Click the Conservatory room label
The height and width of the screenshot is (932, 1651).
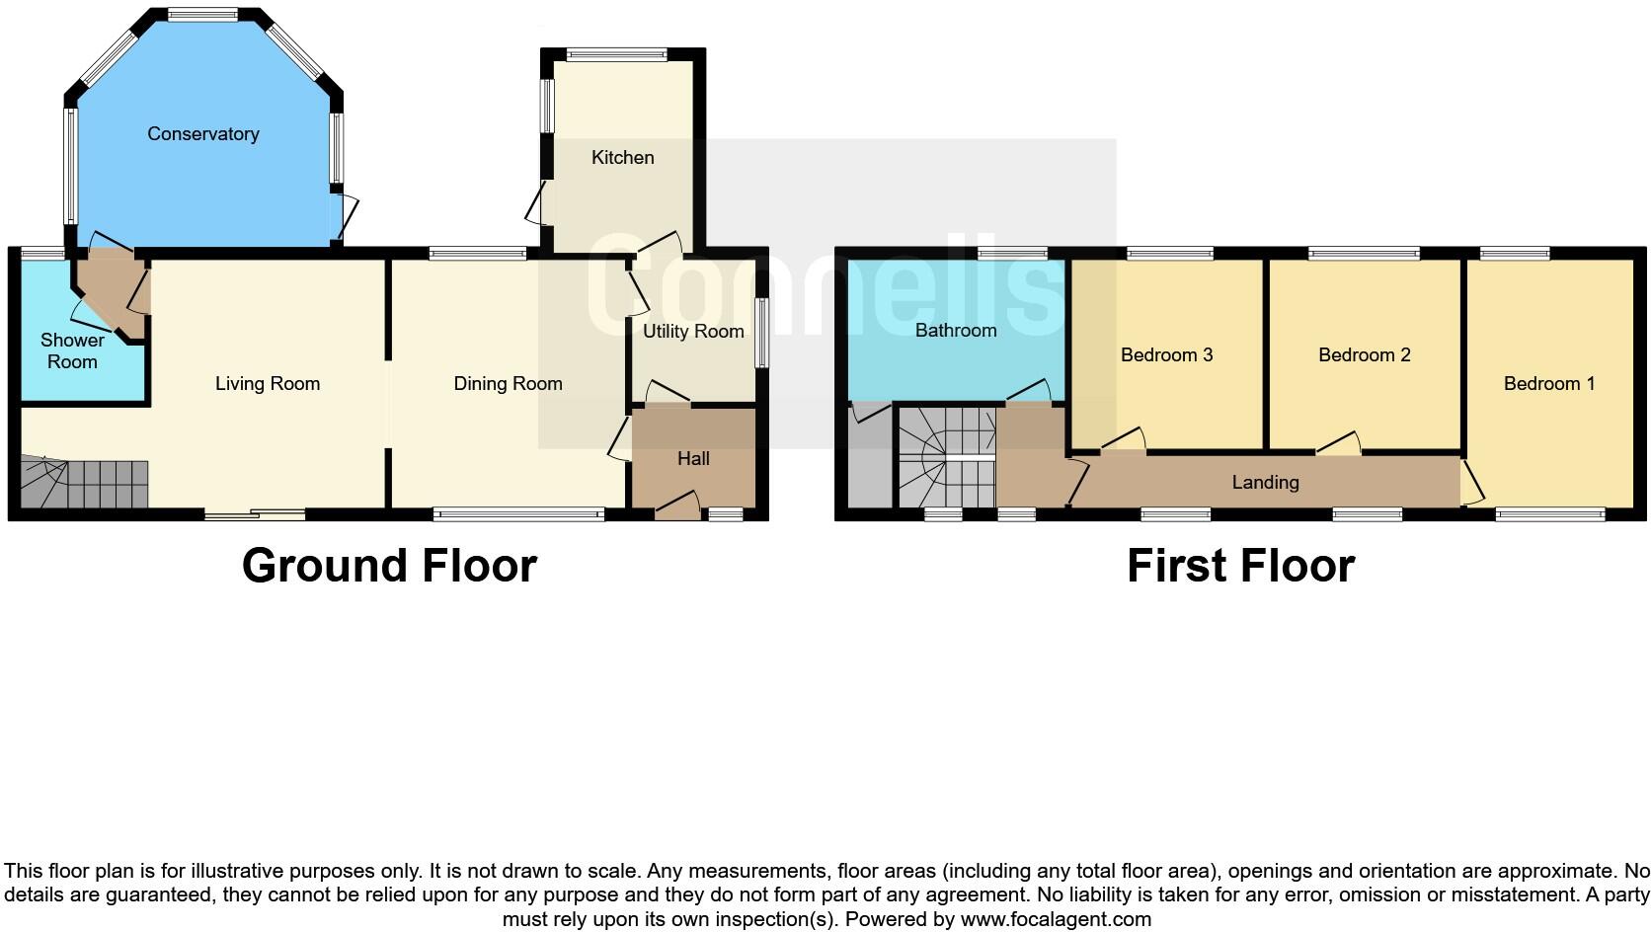202,134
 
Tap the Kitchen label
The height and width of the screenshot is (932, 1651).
622,157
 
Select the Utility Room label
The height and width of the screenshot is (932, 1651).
693,332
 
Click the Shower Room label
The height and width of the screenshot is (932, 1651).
72,350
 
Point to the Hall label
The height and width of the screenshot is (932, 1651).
693,458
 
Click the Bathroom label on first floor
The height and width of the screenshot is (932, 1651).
955,330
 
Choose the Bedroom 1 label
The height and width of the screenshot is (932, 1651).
1548,383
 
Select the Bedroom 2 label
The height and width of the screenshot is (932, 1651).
1364,354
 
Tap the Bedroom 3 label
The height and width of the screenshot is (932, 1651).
1166,354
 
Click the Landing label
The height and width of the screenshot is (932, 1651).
1265,482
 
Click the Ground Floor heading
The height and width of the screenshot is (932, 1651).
389,566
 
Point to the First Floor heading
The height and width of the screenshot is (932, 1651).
1240,566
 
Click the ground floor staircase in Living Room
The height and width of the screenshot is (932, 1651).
84,484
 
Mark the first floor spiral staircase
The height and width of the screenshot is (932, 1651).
946,458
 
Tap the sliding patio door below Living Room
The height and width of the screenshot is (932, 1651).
255,513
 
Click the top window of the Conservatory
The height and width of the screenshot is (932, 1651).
202,15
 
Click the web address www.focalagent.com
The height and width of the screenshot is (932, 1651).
1056,919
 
